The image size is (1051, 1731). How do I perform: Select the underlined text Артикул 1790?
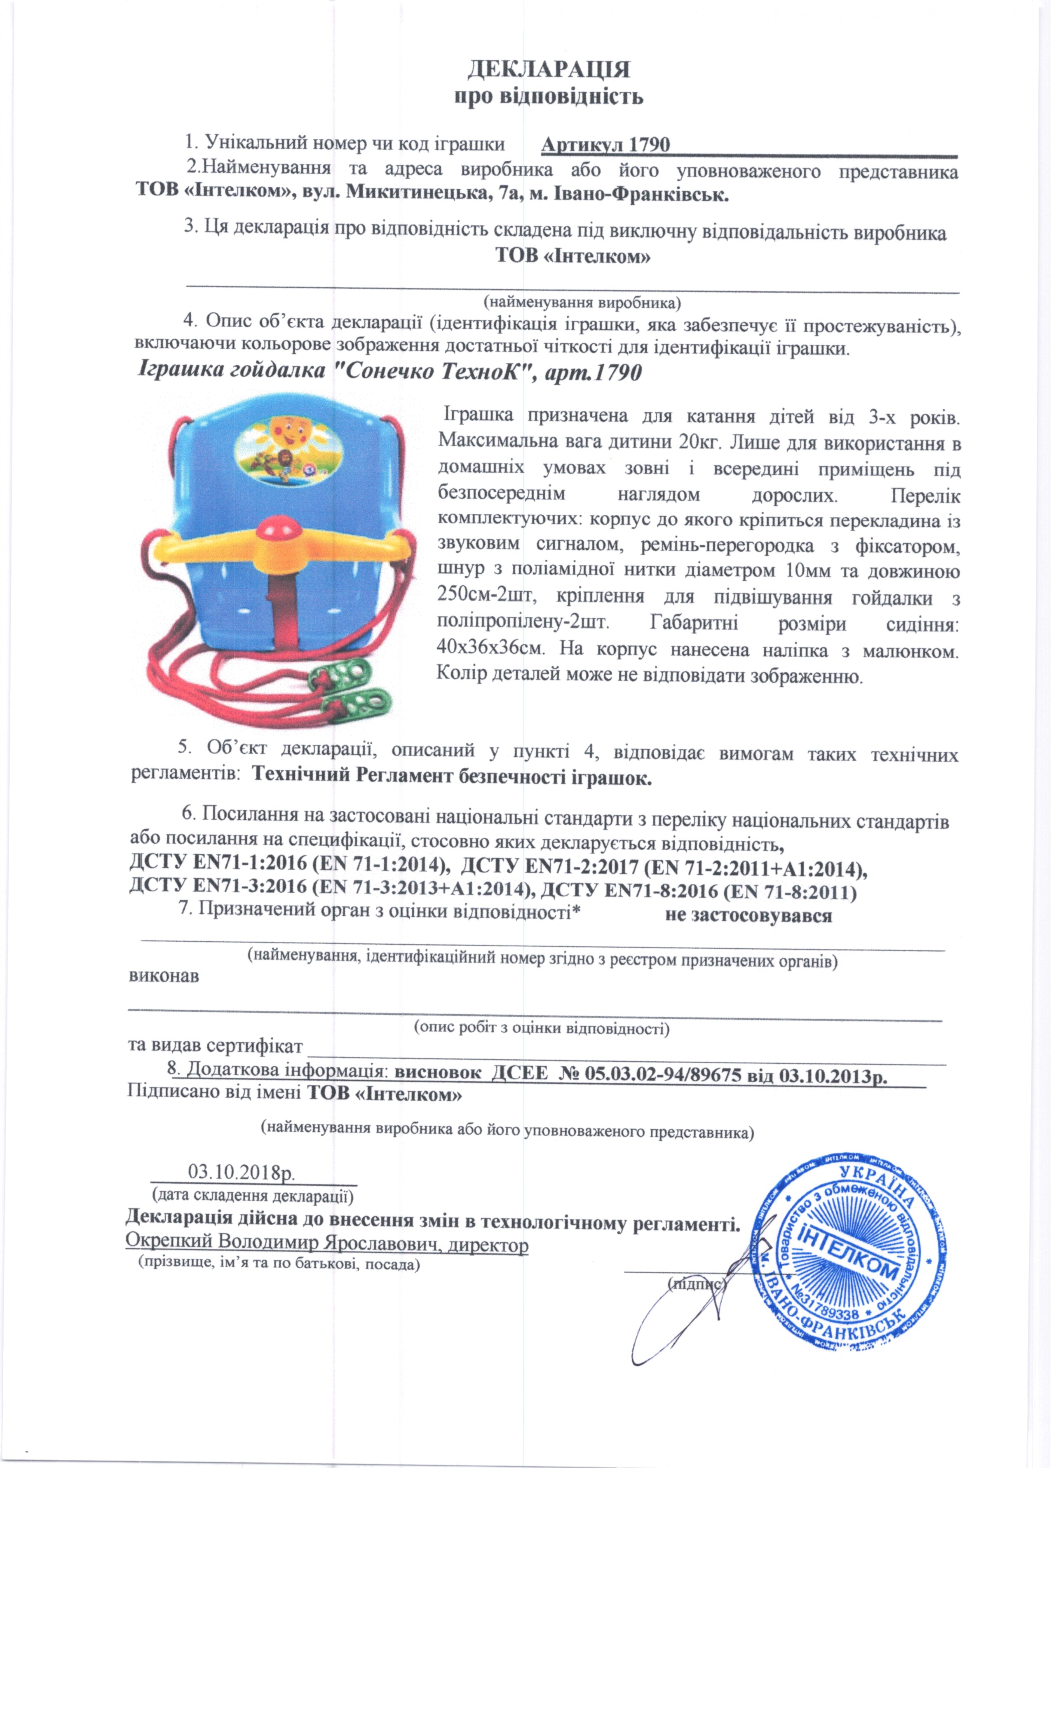pos(605,145)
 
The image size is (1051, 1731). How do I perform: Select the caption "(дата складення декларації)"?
pos(253,1195)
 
